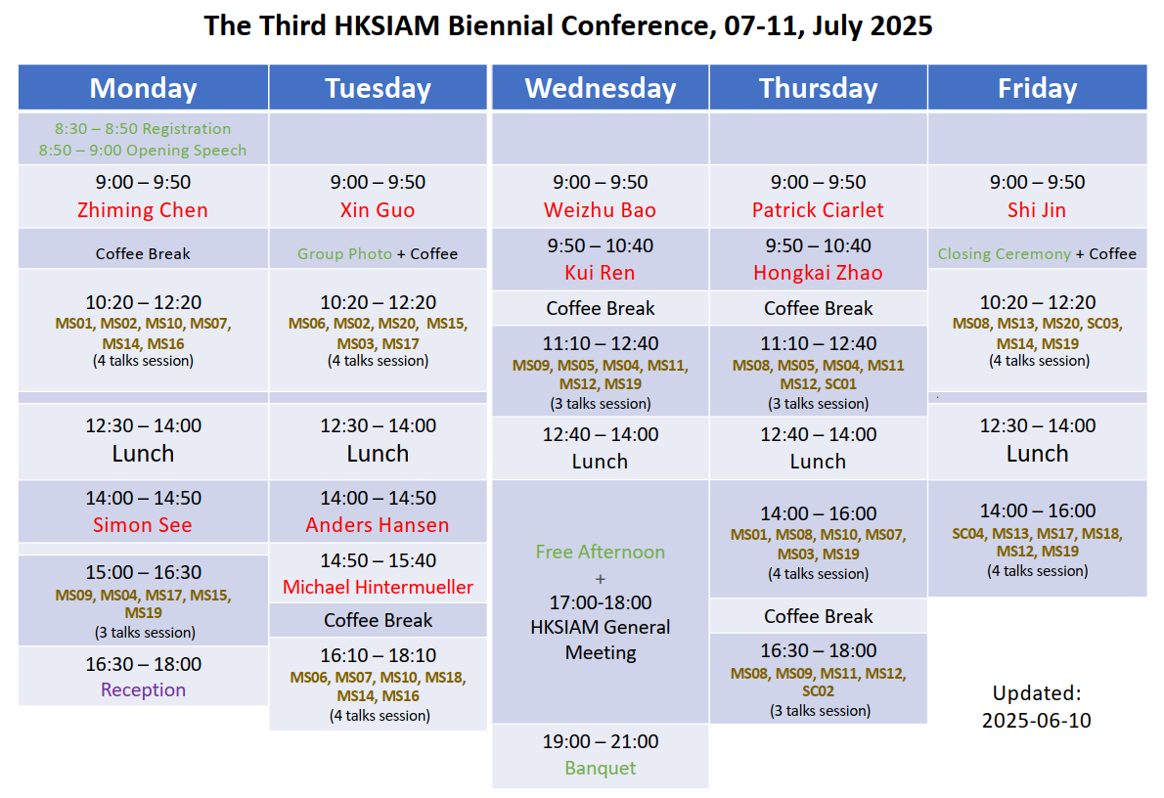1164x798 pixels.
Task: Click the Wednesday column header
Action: [601, 88]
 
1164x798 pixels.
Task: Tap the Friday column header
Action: [1037, 88]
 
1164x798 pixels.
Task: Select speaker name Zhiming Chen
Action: [143, 210]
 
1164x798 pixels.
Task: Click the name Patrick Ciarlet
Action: [818, 210]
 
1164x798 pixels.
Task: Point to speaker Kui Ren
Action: [600, 273]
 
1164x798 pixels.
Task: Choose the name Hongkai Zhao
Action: [818, 273]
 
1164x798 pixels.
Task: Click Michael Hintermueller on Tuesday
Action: [378, 587]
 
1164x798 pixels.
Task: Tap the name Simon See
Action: [143, 525]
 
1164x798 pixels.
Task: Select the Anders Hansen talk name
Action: [378, 525]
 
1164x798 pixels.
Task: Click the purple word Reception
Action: [143, 689]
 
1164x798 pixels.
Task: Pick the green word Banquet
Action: [600, 768]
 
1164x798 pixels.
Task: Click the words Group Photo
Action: [344, 254]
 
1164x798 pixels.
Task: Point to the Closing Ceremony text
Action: [1004, 254]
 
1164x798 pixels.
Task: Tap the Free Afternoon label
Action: [600, 552]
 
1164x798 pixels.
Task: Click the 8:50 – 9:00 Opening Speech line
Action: [143, 150]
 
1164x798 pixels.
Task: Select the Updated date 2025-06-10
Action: [1036, 720]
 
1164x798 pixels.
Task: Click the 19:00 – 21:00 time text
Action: [600, 741]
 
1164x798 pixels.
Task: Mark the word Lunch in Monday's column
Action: [143, 453]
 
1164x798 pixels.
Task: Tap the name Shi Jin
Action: [1036, 210]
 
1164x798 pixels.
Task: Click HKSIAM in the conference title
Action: [386, 25]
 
